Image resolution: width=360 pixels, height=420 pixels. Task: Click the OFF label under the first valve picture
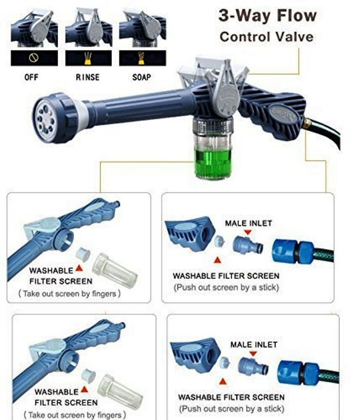[x=31, y=77]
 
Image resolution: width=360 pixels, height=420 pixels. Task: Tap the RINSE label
[x=88, y=77]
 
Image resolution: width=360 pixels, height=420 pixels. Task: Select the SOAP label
[x=142, y=77]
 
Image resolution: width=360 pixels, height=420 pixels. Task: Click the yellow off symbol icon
[x=34, y=58]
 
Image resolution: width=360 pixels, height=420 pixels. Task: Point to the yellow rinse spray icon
[x=88, y=58]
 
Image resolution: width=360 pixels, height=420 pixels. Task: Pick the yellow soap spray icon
[x=141, y=58]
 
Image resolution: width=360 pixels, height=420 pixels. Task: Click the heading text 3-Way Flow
[x=268, y=15]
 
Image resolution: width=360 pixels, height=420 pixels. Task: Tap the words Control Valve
[x=266, y=37]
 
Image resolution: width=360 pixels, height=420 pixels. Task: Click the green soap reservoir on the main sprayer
[x=212, y=164]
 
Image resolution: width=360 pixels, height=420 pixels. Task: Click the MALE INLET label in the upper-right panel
[x=248, y=223]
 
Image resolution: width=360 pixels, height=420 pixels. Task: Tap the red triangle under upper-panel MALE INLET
[x=248, y=232]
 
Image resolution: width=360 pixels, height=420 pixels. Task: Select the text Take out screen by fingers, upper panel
[x=69, y=294]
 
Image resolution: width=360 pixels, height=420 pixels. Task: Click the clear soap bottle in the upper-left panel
[x=115, y=271]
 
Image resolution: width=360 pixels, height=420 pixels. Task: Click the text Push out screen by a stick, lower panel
[x=232, y=409]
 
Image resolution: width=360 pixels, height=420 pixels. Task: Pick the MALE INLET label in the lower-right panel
[x=254, y=345]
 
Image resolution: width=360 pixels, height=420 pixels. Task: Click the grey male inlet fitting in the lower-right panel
[x=253, y=366]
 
